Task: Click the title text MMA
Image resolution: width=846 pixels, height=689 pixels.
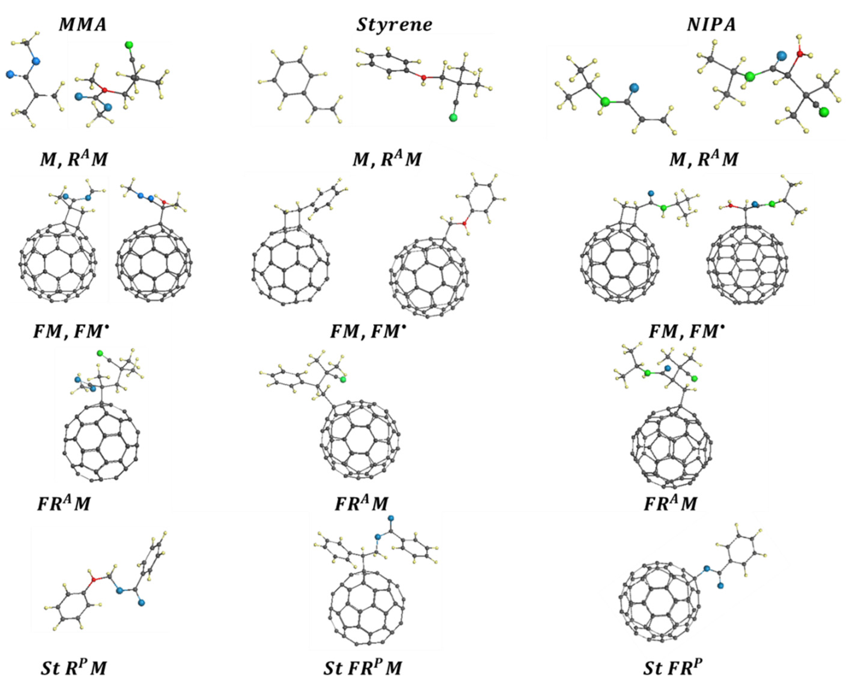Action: tap(83, 25)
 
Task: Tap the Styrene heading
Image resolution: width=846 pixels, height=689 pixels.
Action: tap(394, 25)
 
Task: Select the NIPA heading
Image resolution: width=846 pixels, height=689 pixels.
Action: tap(711, 25)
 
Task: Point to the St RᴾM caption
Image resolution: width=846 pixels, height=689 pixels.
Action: tap(74, 668)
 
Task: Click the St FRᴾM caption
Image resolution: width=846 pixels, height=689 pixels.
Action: tap(362, 668)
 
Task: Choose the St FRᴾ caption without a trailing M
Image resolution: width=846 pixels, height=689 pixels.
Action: tap(670, 668)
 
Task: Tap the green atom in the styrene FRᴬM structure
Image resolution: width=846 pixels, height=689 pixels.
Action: tap(343, 380)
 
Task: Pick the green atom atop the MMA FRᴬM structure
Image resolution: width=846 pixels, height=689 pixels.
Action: tap(100, 352)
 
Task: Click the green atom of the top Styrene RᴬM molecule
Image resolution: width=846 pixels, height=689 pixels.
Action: tap(453, 117)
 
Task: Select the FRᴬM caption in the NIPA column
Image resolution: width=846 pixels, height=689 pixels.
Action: tap(670, 504)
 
